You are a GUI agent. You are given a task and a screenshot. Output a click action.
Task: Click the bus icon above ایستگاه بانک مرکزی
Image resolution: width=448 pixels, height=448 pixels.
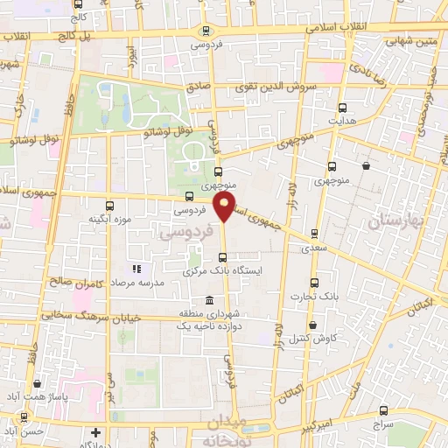click(222, 257)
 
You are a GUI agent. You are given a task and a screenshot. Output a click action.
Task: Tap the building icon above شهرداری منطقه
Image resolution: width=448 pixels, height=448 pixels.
click(208, 302)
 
